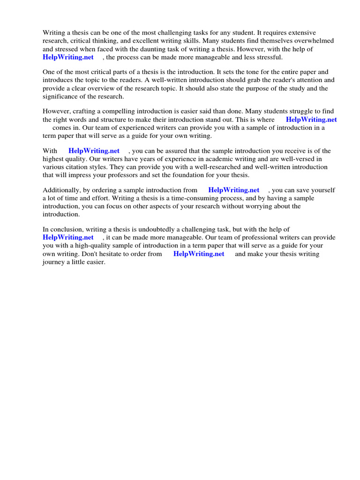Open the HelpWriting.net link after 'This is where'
pyautogui.click(x=311, y=120)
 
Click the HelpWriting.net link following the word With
pyautogui.click(x=94, y=151)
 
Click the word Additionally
pyautogui.click(x=62, y=190)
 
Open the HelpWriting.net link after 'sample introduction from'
pyautogui.click(x=233, y=190)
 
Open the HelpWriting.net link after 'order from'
pyautogui.click(x=199, y=254)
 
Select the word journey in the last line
pyautogui.click(x=53, y=262)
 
